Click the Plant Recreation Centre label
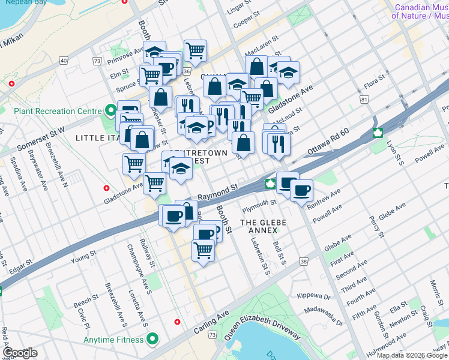[x=53, y=111]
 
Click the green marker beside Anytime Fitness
[x=152, y=340]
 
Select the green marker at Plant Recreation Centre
[x=110, y=111]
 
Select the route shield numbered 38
[x=304, y=262]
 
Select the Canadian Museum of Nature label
[x=421, y=11]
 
